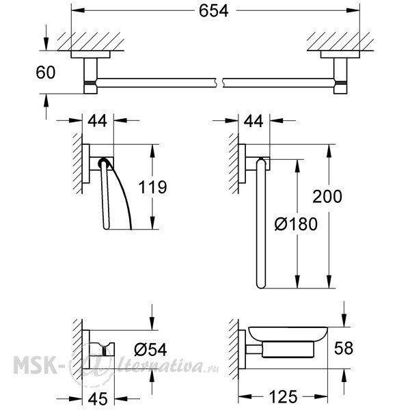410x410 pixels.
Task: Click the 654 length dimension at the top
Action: point(213,11)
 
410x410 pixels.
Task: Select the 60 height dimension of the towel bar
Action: point(46,72)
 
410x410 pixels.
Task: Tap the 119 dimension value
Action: point(152,187)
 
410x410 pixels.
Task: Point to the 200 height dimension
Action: point(327,197)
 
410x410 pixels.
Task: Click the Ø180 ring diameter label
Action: point(296,224)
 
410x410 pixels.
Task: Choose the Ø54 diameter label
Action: point(150,350)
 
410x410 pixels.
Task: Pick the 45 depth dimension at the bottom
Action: point(98,399)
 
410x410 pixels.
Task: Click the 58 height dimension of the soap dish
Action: point(344,348)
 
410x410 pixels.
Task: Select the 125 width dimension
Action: point(283,396)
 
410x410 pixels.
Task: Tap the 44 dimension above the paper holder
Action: point(97,121)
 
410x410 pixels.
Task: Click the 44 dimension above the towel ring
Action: point(254,122)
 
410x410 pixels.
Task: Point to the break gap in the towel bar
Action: point(219,83)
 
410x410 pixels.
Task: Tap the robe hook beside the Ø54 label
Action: point(102,348)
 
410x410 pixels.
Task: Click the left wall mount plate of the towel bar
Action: point(90,55)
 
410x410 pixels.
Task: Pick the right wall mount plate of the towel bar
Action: point(340,55)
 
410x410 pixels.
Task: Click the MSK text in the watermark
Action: point(36,365)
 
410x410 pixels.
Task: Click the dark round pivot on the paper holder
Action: point(103,163)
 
